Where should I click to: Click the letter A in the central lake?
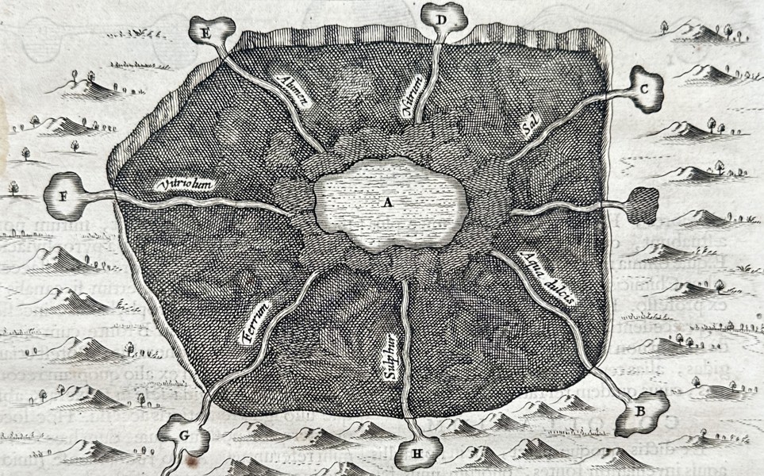click(388, 202)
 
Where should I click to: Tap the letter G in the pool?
click(185, 435)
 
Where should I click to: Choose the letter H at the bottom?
click(417, 455)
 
